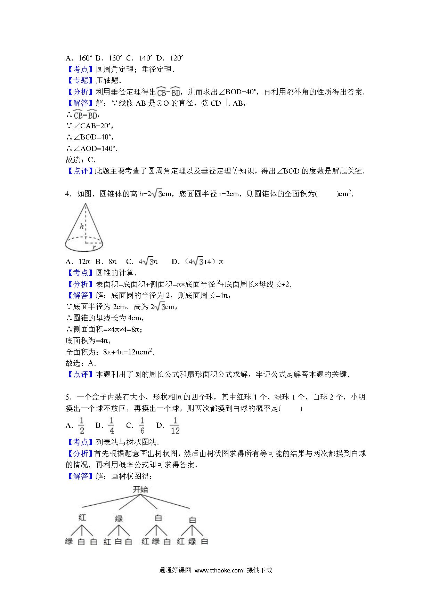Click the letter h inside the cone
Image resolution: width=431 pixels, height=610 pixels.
click(x=82, y=226)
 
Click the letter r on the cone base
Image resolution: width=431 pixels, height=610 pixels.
click(x=93, y=247)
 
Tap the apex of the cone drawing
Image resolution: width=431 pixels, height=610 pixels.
click(x=85, y=204)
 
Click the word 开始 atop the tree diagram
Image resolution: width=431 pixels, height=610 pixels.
click(x=140, y=490)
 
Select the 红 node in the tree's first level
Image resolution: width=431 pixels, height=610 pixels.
click(x=82, y=517)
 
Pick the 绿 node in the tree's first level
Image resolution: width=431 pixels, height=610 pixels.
click(x=119, y=519)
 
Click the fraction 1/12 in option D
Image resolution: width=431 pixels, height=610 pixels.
click(x=175, y=426)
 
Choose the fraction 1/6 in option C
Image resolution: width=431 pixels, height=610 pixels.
click(x=142, y=426)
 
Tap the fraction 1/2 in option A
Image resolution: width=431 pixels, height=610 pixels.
click(x=82, y=426)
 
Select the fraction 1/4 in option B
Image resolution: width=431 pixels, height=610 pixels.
click(x=112, y=426)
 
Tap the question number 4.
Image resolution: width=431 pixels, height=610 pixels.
click(x=68, y=194)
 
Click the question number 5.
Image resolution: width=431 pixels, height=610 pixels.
click(x=68, y=397)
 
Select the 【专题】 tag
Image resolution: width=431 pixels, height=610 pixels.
click(x=80, y=80)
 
